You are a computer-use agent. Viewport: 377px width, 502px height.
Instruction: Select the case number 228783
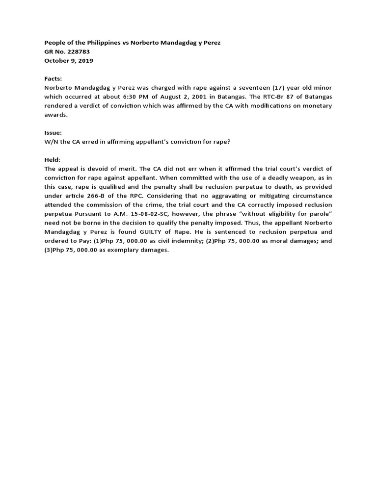[x=77, y=51]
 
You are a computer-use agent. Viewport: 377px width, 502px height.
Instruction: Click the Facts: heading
[x=54, y=78]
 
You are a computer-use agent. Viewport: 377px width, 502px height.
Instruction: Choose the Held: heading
[x=53, y=160]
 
